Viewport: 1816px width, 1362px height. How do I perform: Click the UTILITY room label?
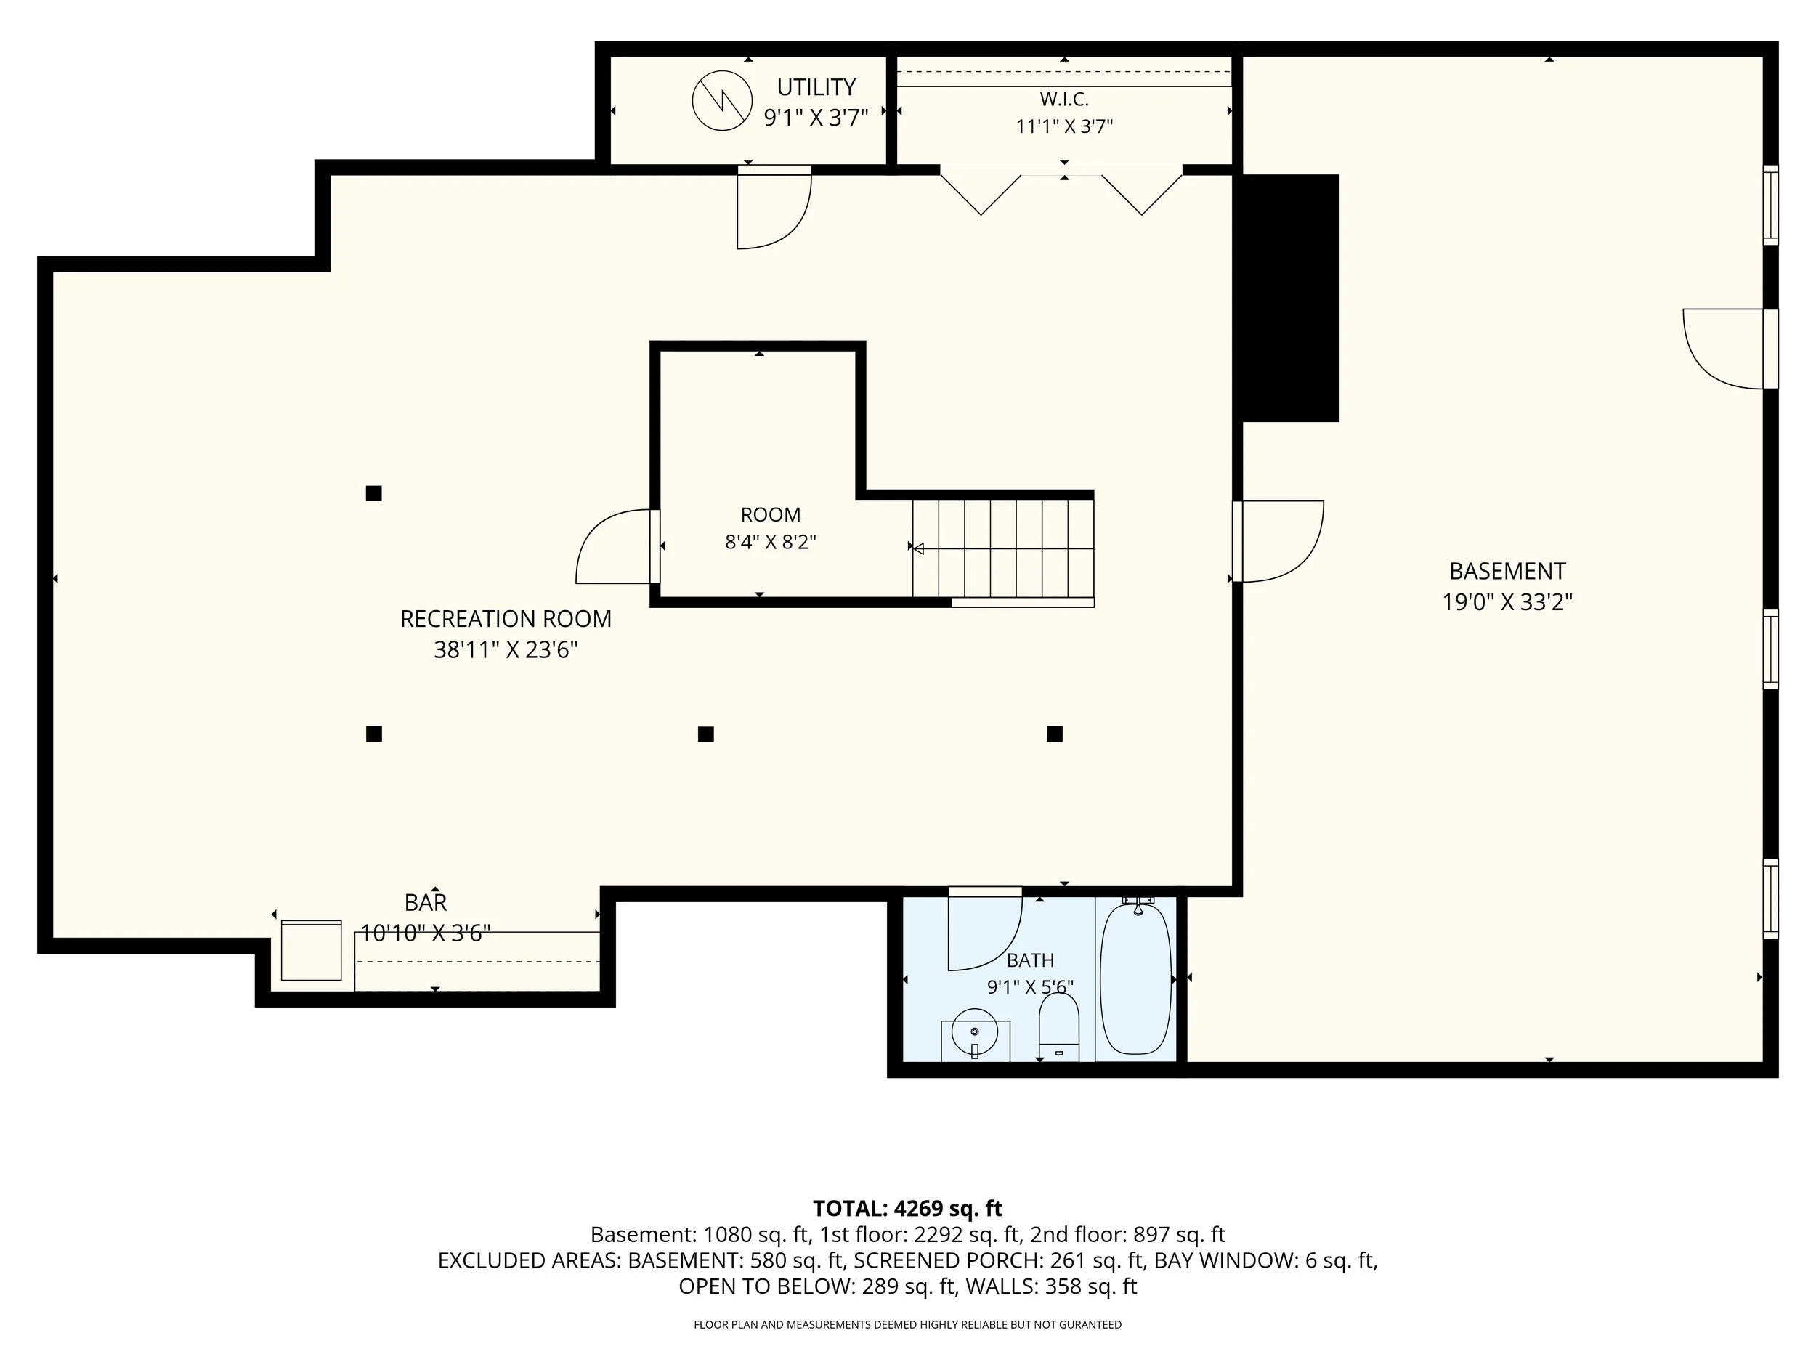[816, 87]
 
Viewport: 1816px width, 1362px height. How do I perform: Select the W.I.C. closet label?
[1064, 100]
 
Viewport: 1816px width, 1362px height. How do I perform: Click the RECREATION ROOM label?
[506, 619]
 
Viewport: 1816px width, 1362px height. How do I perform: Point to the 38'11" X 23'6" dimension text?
[506, 650]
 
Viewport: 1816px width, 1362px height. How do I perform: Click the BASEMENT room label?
[1507, 572]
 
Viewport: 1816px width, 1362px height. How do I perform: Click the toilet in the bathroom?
[1059, 1027]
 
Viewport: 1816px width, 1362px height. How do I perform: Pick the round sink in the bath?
[975, 1032]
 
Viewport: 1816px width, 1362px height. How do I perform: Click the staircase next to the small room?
[1003, 548]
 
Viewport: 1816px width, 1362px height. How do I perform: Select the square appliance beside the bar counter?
[311, 951]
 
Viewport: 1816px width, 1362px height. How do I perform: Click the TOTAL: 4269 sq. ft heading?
[907, 1209]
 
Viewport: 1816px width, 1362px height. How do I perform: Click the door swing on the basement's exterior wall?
[1723, 349]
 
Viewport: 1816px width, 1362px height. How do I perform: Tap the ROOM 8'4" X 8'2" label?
[770, 529]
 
